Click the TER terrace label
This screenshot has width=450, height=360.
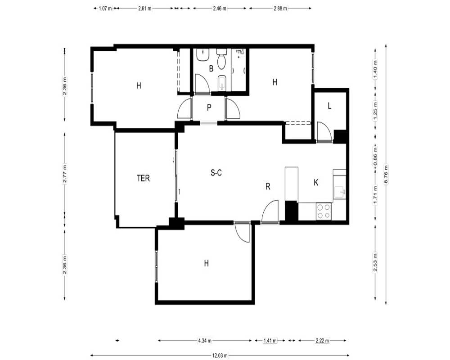[143, 178]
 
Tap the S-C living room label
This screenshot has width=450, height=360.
[216, 173]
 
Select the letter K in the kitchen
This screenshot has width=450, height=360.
[316, 183]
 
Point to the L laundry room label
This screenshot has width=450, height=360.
[329, 106]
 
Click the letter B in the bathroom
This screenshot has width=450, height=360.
[211, 68]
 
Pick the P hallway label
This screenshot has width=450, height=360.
[209, 108]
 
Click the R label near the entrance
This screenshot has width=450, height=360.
[268, 187]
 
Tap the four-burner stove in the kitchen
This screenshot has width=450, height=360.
[324, 211]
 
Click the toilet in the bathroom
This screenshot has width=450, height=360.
[221, 59]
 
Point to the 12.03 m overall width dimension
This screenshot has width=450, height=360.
[220, 355]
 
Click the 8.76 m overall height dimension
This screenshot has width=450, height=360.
[386, 175]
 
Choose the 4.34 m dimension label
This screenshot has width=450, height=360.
[205, 341]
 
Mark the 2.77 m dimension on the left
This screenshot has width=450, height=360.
[65, 173]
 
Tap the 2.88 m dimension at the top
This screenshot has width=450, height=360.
[280, 9]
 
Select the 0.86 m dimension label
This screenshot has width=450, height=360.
[375, 156]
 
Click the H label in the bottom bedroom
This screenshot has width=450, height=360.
[207, 263]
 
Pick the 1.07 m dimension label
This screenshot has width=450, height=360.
[105, 9]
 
